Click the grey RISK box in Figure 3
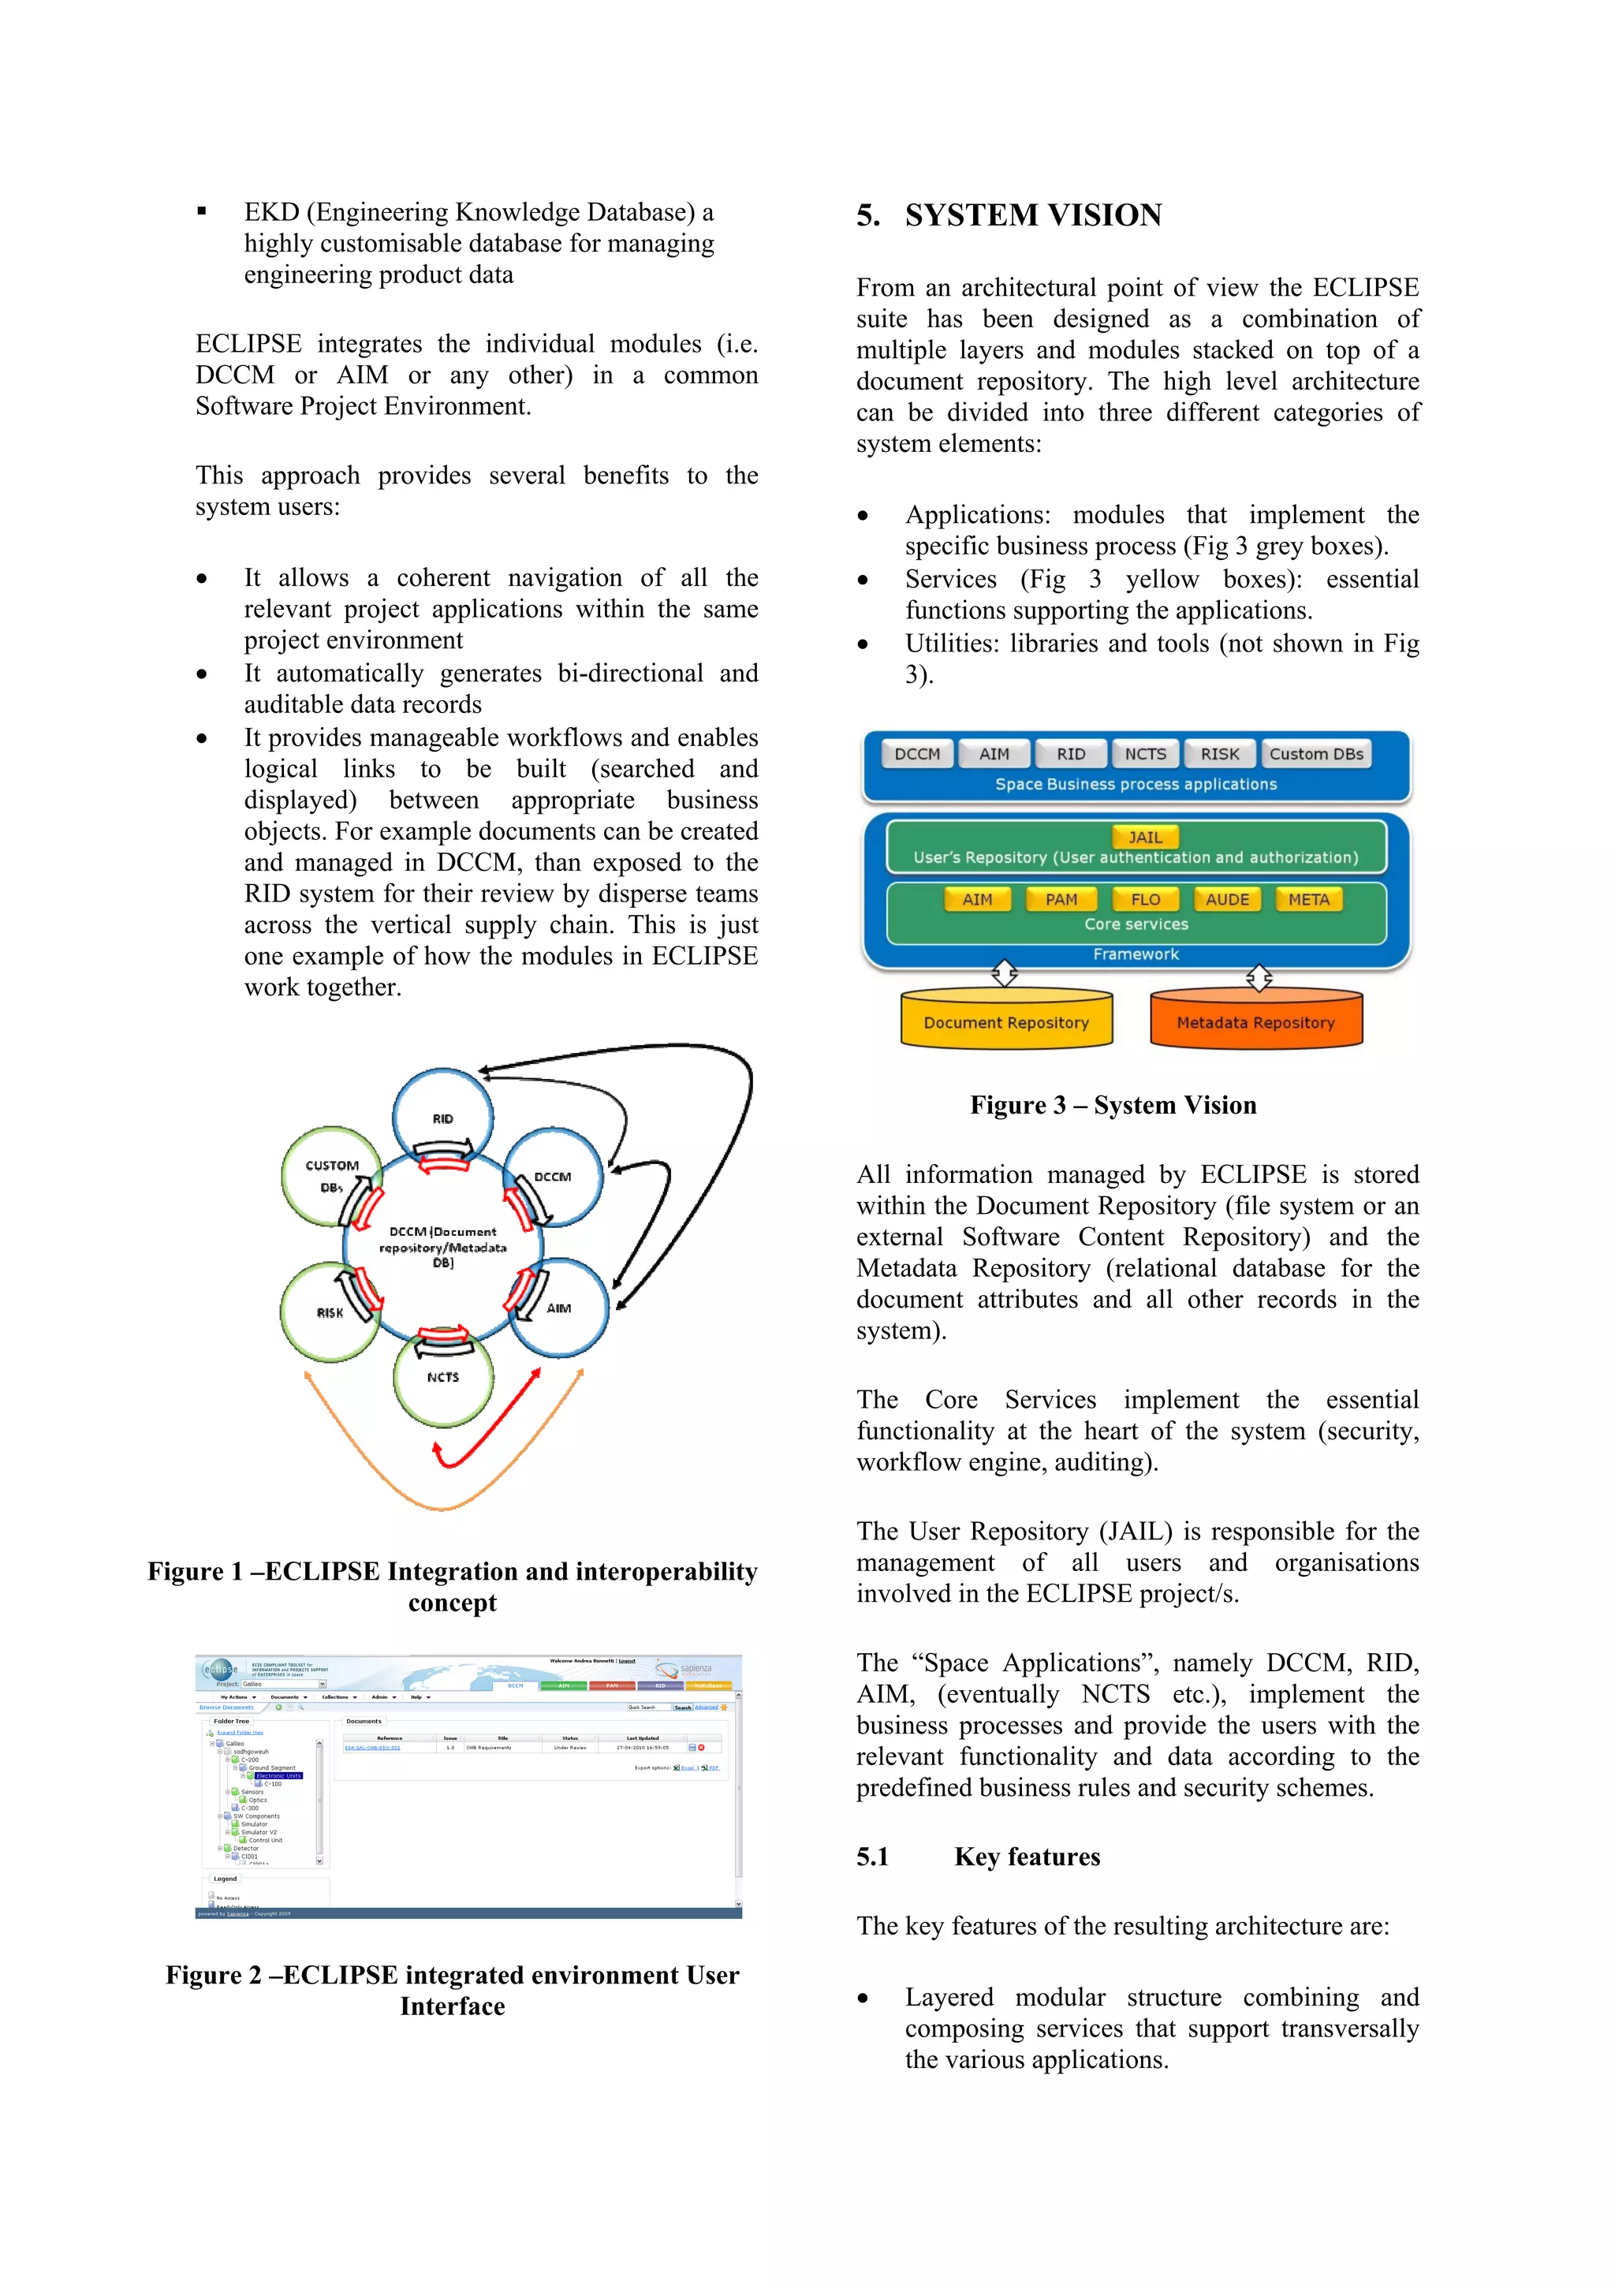click(1219, 754)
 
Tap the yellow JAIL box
click(1145, 838)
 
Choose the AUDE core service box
click(1226, 899)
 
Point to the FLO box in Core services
click(1145, 899)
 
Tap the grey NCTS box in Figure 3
click(1145, 754)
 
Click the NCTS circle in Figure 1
click(442, 1379)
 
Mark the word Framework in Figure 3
click(1136, 954)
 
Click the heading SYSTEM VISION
click(1032, 215)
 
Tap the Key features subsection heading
click(1026, 1857)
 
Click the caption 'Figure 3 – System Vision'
click(1113, 1105)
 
